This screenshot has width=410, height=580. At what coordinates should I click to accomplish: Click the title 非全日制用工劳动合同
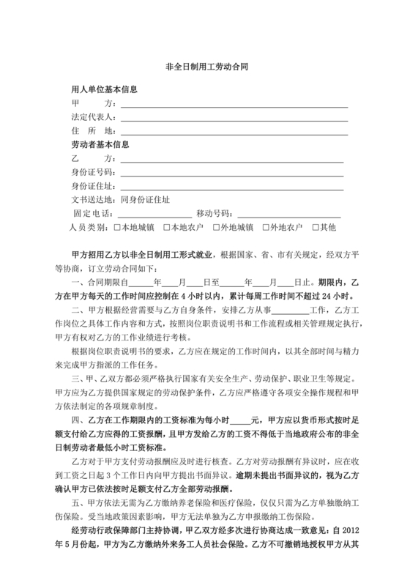pyautogui.click(x=204, y=65)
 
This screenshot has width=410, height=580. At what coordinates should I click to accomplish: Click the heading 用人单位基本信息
pyautogui.click(x=104, y=91)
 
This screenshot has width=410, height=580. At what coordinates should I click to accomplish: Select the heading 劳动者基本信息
pyautogui.click(x=99, y=144)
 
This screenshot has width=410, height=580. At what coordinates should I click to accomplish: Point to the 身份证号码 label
pyautogui.click(x=92, y=171)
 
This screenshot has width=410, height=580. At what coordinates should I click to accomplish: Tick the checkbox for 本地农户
pyautogui.click(x=168, y=227)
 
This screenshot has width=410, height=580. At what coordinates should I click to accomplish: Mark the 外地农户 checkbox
pyautogui.click(x=266, y=227)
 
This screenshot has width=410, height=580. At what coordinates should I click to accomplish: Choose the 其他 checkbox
pyautogui.click(x=316, y=227)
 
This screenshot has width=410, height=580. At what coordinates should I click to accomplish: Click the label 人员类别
pyautogui.click(x=90, y=227)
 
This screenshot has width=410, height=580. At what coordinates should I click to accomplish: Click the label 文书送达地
pyautogui.click(x=92, y=199)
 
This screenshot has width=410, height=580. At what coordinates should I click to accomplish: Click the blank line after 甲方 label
pyautogui.click(x=234, y=105)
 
